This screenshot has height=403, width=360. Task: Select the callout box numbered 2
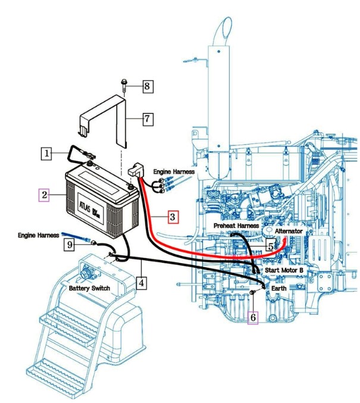click(x=43, y=194)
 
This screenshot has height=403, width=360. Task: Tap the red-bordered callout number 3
click(x=171, y=217)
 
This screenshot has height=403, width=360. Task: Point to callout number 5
click(x=270, y=245)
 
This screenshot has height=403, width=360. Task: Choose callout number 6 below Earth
click(x=253, y=318)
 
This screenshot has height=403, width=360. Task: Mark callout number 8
click(x=148, y=87)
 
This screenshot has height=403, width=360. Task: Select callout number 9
click(x=70, y=243)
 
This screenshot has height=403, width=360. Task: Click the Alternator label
click(x=287, y=230)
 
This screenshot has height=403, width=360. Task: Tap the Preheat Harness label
click(x=236, y=226)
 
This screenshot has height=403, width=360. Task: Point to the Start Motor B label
click(x=284, y=270)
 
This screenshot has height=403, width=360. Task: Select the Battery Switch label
click(x=89, y=288)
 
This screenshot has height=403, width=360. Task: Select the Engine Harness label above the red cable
click(x=174, y=171)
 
